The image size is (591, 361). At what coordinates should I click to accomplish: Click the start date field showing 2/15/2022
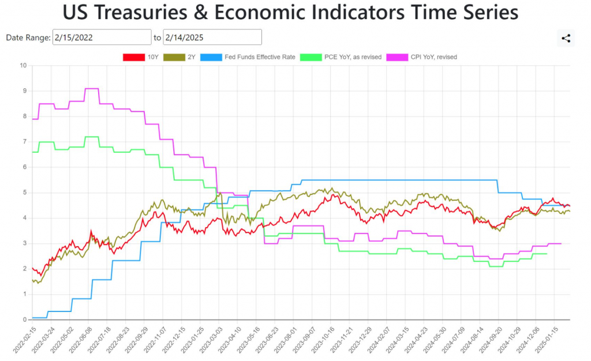point(102,37)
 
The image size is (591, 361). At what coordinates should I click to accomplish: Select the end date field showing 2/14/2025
point(212,37)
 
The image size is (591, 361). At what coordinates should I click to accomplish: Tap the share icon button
point(566,39)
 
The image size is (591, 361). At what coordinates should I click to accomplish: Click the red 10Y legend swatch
point(133,57)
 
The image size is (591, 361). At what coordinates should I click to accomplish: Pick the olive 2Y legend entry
point(187,57)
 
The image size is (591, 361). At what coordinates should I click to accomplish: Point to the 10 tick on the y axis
point(23,65)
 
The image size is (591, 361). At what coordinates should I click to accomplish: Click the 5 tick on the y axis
point(25,193)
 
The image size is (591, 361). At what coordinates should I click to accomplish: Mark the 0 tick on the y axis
point(25,319)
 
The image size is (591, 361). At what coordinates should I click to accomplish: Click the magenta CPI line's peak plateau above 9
point(92,88)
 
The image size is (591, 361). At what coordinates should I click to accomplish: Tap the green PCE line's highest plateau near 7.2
point(92,137)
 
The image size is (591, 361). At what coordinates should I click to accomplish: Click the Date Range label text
point(28,37)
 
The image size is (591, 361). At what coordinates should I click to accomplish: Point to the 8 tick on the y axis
point(25,116)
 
